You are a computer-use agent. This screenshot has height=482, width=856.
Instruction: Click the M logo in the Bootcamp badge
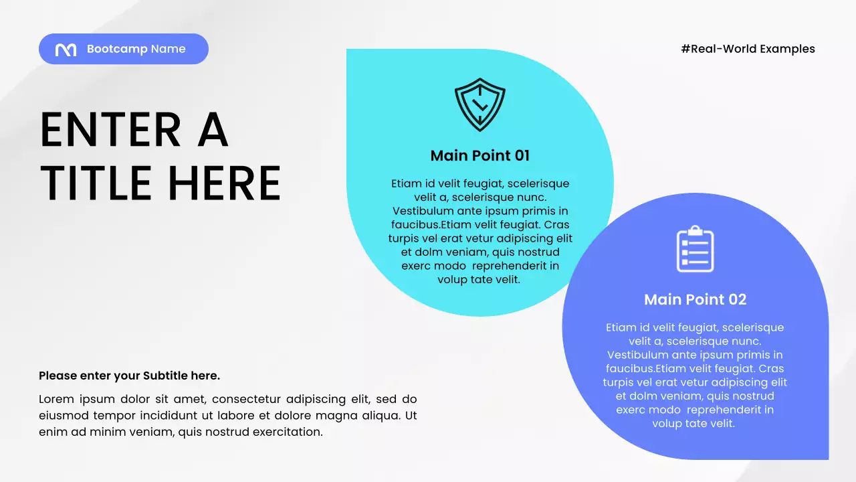[x=66, y=50]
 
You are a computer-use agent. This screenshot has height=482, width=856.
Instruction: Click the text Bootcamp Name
[x=136, y=49]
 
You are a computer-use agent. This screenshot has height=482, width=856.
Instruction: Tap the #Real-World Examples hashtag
[x=748, y=49]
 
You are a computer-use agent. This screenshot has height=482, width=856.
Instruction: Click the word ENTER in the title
[x=110, y=130]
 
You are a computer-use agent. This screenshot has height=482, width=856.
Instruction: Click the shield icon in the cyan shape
[x=479, y=104]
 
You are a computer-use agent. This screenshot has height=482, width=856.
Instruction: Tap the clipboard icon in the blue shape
[x=695, y=249]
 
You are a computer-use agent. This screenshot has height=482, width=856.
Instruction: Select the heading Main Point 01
[x=479, y=156]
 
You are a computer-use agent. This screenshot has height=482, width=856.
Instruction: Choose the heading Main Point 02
[x=695, y=300]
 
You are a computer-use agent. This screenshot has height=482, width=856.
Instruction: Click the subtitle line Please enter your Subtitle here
[x=129, y=376]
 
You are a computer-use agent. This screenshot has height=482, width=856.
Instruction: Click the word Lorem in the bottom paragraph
[x=56, y=399]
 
